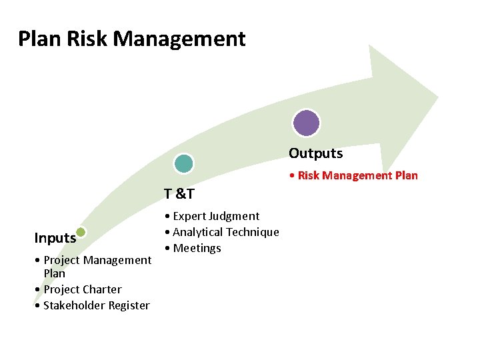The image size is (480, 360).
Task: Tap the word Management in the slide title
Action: (x=179, y=39)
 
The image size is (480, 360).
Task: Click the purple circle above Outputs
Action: (x=307, y=123)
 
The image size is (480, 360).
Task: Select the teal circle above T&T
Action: (x=183, y=163)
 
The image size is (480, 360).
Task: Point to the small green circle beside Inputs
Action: (x=81, y=232)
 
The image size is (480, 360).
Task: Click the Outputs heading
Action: (x=315, y=153)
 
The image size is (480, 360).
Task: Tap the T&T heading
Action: (x=179, y=194)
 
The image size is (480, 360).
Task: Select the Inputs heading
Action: (x=55, y=238)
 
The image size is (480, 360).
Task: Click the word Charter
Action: (x=101, y=289)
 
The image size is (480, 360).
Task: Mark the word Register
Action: (x=127, y=305)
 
